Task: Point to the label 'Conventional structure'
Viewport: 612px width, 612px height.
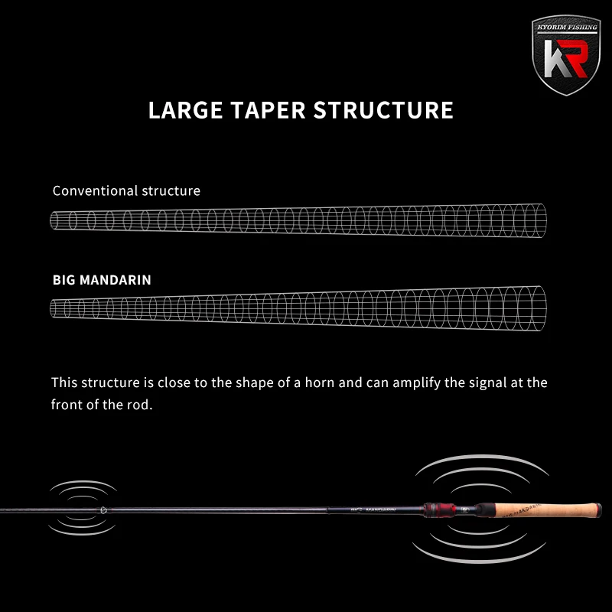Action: (126, 190)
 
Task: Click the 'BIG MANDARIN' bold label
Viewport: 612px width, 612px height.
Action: (102, 280)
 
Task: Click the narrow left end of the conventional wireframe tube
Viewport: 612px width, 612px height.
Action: (55, 220)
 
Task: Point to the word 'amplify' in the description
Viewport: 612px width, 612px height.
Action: (417, 382)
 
